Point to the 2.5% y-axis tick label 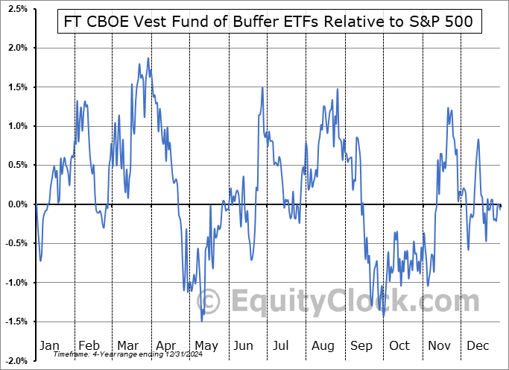point(18,9)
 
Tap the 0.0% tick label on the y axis point(18,204)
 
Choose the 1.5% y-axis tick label point(18,87)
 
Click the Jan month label point(48,345)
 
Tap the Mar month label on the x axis point(127,345)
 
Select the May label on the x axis point(206,345)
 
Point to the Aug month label point(323,345)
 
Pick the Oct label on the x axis point(399,345)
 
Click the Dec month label point(478,345)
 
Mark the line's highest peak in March point(148,58)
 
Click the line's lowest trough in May point(202,321)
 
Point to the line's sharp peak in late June point(262,88)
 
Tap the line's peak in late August point(338,90)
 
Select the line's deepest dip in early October point(384,316)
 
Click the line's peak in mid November point(449,108)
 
